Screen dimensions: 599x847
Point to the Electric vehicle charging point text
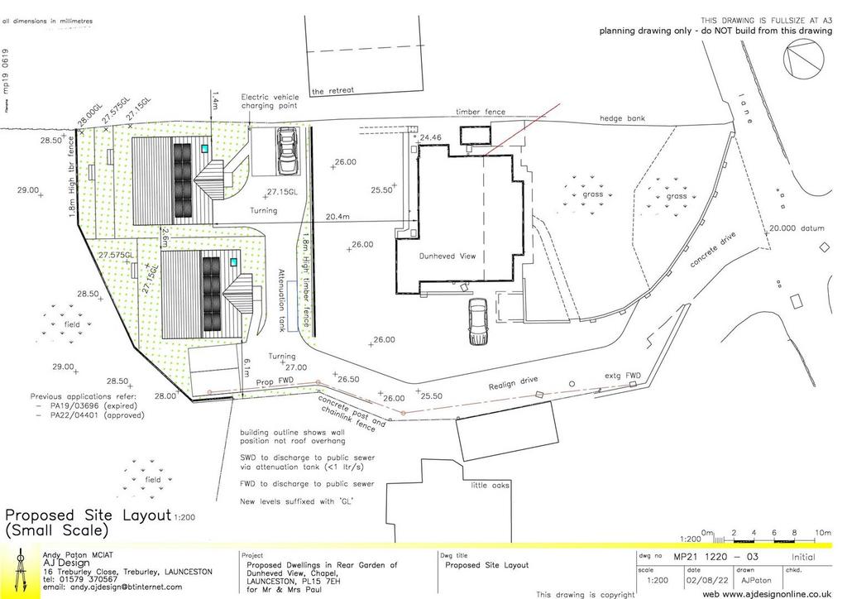coord(269,102)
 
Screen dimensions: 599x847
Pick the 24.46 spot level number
coord(430,137)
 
